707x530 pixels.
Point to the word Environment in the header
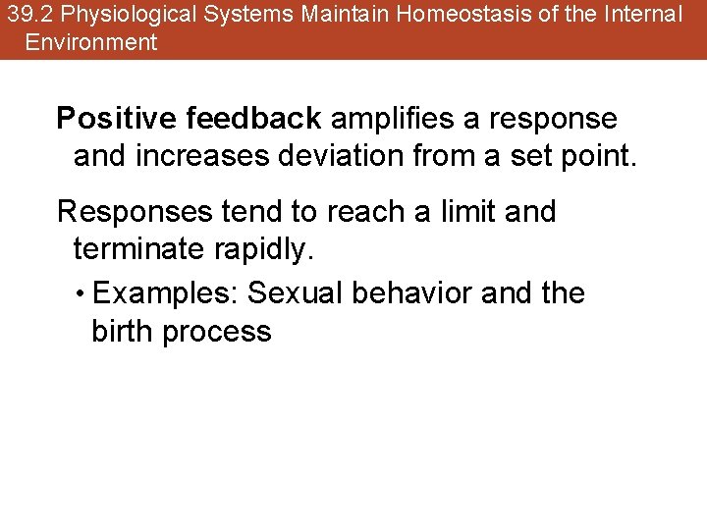[91, 42]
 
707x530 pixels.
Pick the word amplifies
[392, 119]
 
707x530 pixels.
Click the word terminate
[137, 249]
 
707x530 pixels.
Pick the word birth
[123, 332]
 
